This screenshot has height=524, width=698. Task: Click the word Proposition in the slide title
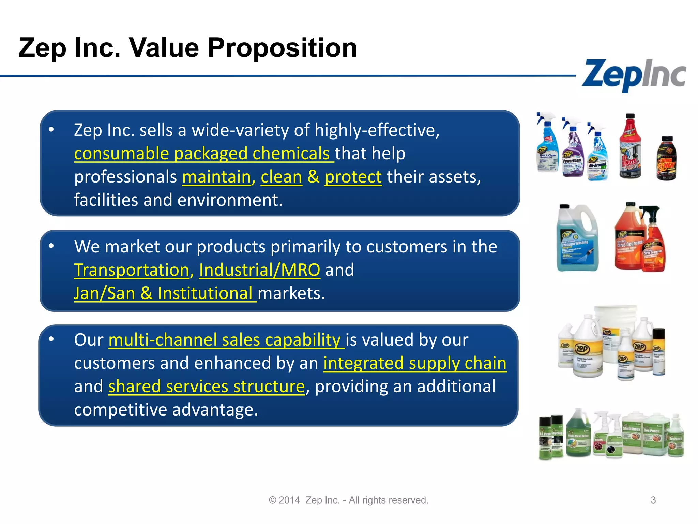[x=282, y=48]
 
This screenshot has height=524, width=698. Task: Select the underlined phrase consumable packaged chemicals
[x=203, y=154]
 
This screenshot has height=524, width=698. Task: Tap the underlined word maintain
[x=216, y=177]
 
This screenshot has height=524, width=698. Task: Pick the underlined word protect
[x=353, y=177]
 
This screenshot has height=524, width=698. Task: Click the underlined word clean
[x=281, y=177]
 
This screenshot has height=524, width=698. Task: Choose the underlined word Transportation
[x=132, y=270]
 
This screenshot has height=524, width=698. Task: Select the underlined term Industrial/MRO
[x=259, y=270]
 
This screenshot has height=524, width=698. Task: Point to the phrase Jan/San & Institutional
[x=165, y=293]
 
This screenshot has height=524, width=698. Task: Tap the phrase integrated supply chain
[x=414, y=363]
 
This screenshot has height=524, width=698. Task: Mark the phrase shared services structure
[x=206, y=387]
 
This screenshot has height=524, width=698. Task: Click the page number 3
[x=653, y=500]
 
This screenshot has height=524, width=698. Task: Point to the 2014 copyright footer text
[x=348, y=500]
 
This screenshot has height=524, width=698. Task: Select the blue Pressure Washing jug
[x=577, y=239]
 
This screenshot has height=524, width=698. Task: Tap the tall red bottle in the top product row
[x=630, y=147]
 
